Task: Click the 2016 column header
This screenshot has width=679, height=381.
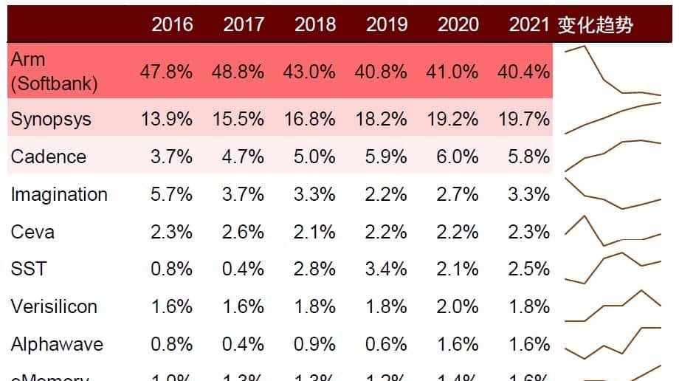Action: pyautogui.click(x=172, y=24)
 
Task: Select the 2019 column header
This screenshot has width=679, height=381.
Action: pyautogui.click(x=386, y=24)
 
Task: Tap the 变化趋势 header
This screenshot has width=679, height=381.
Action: pyautogui.click(x=596, y=24)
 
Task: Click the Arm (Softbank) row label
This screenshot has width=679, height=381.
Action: pyautogui.click(x=54, y=72)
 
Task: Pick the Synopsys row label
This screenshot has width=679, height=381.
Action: pyautogui.click(x=51, y=119)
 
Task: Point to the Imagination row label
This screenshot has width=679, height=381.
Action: pyautogui.click(x=59, y=194)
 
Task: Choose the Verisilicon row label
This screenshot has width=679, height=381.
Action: pyautogui.click(x=54, y=306)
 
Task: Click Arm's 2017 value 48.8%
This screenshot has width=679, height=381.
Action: pyautogui.click(x=244, y=72)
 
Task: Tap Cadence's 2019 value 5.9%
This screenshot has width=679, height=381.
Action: pyautogui.click(x=386, y=157)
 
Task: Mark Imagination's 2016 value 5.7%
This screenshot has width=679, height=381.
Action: pyautogui.click(x=172, y=194)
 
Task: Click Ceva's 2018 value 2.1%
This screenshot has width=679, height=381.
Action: pyautogui.click(x=315, y=232)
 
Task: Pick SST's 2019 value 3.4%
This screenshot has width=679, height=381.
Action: pyautogui.click(x=386, y=269)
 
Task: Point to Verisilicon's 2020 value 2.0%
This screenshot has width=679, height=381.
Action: pyautogui.click(x=458, y=306)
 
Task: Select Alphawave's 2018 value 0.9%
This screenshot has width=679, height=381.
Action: pyautogui.click(x=315, y=344)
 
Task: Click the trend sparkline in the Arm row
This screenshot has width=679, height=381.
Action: pyautogui.click(x=613, y=72)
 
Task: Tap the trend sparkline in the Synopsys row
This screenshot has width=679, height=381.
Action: pyautogui.click(x=613, y=118)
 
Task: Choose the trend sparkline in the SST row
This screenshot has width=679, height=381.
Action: pyautogui.click(x=613, y=267)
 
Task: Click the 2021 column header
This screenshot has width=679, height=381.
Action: pyautogui.click(x=529, y=24)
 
